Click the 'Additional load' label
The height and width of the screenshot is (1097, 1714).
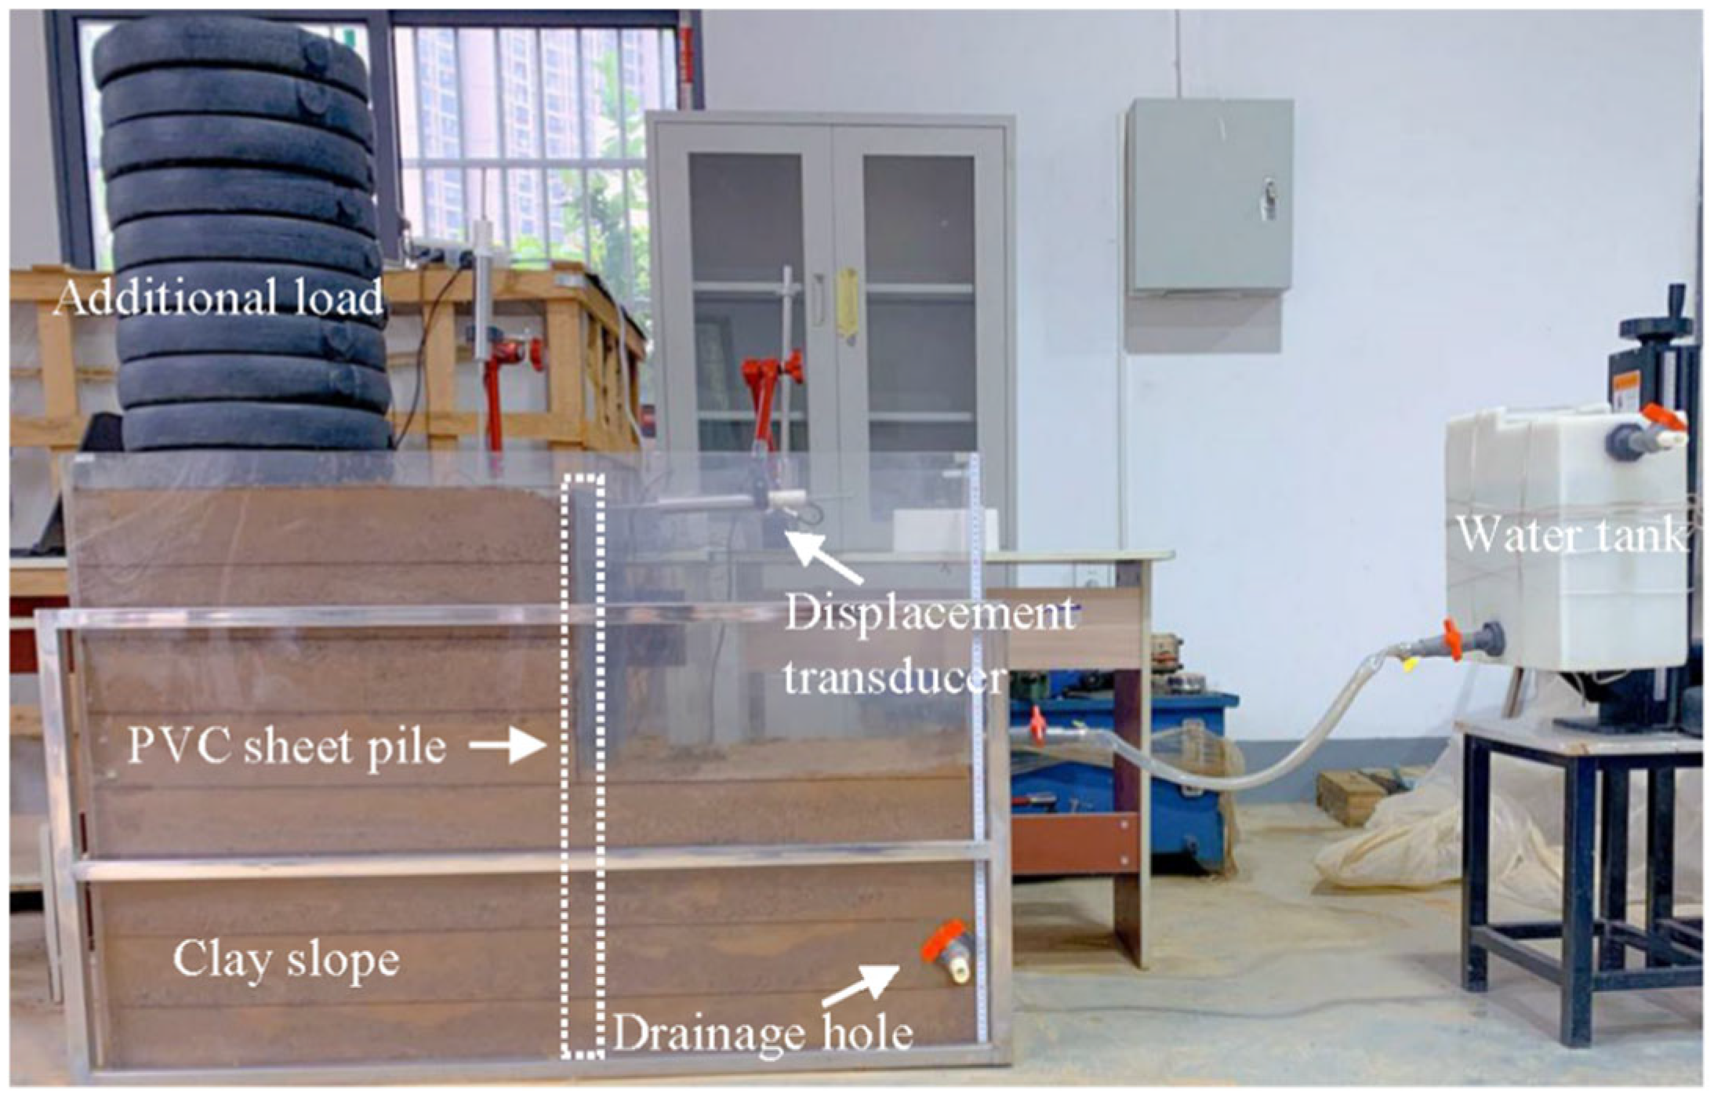(x=218, y=299)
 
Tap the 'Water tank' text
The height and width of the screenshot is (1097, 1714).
(x=1571, y=536)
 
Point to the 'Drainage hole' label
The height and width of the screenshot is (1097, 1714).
(x=762, y=1033)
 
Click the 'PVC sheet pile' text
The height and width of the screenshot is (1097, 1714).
(x=287, y=747)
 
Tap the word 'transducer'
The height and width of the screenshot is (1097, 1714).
(x=895, y=676)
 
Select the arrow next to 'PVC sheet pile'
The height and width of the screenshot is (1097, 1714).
(x=507, y=746)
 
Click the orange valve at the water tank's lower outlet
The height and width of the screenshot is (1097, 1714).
(x=1451, y=639)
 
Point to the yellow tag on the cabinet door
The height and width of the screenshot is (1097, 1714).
(x=847, y=303)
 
